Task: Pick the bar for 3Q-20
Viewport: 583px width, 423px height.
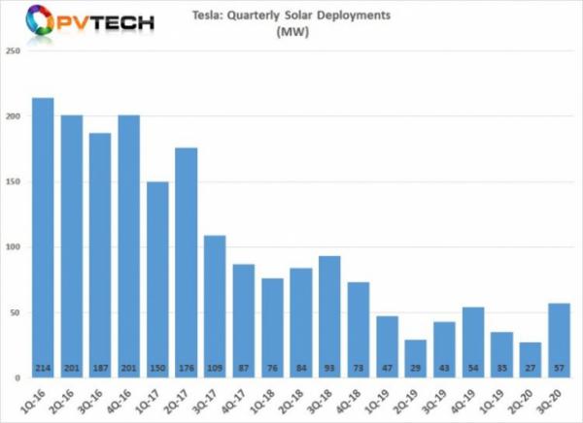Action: pos(558,340)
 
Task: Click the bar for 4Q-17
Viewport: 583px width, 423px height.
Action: pos(243,320)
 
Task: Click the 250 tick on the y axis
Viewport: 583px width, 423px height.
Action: pos(14,50)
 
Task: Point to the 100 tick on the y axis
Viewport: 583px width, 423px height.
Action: pos(14,246)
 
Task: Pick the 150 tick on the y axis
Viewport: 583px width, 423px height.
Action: pos(14,181)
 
